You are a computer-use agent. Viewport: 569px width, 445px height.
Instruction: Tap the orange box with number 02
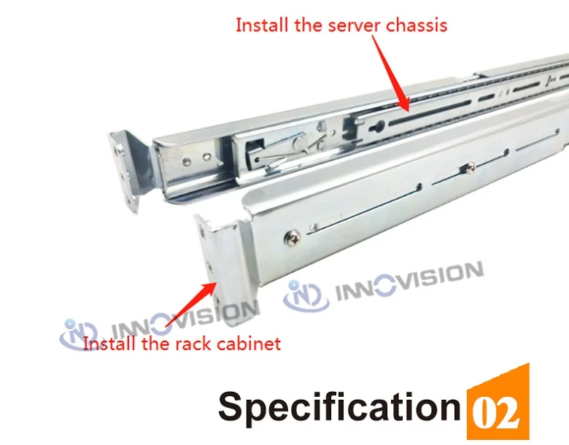[x=497, y=406]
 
